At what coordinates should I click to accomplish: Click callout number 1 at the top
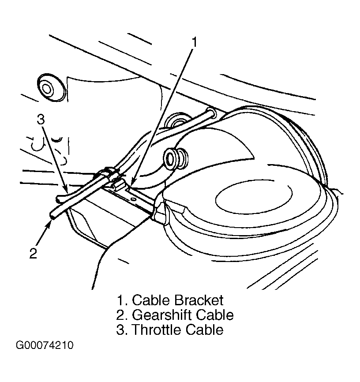pyautogui.click(x=194, y=42)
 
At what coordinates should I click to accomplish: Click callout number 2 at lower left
pyautogui.click(x=34, y=253)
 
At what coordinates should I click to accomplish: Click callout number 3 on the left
pyautogui.click(x=41, y=120)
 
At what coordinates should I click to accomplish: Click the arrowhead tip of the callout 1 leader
pyautogui.click(x=131, y=187)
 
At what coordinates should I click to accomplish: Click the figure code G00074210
pyautogui.click(x=45, y=345)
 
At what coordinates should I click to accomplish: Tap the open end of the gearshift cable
pyautogui.click(x=52, y=215)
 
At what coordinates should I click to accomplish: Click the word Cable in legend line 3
pyautogui.click(x=204, y=330)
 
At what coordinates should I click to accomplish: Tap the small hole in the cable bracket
pyautogui.click(x=133, y=199)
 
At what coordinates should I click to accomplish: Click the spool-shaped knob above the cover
pyautogui.click(x=176, y=158)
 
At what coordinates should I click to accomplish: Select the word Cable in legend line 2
pyautogui.click(x=215, y=315)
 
